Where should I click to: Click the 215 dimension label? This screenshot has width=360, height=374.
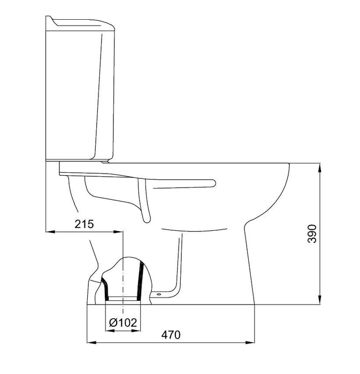pyautogui.click(x=85, y=224)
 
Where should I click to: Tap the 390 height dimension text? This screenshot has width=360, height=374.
pyautogui.click(x=312, y=233)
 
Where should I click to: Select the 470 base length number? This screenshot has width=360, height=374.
pyautogui.click(x=171, y=335)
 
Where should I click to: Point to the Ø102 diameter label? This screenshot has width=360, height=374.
pyautogui.click(x=123, y=323)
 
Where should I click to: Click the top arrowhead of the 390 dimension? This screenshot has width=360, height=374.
pyautogui.click(x=320, y=168)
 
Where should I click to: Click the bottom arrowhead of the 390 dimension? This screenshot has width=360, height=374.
pyautogui.click(x=320, y=300)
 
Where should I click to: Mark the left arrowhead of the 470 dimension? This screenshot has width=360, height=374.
pyautogui.click(x=91, y=343)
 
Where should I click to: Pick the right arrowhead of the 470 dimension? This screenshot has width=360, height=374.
pyautogui.click(x=250, y=343)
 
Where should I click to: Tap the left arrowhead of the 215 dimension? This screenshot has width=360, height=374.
pyautogui.click(x=50, y=231)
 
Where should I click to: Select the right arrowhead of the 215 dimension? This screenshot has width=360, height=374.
pyautogui.click(x=118, y=231)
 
